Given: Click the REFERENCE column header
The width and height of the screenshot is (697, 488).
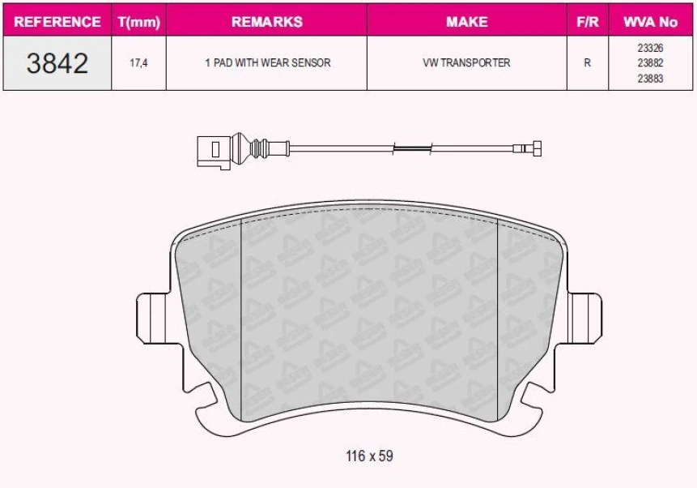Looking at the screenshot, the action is [57, 21].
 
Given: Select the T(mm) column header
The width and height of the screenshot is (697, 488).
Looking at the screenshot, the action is [139, 22].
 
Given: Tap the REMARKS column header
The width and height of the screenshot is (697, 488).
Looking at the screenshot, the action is [266, 21].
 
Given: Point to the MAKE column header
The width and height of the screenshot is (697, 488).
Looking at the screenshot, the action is [467, 21].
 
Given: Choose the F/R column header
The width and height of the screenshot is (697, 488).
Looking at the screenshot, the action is [588, 21].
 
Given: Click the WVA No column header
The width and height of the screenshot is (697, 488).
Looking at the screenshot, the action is [650, 21].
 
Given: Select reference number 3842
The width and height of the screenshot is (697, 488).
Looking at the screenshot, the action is [57, 62].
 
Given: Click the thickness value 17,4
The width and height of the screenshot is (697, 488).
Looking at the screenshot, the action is [138, 62].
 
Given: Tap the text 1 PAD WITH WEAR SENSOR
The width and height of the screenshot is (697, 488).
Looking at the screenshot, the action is [268, 62].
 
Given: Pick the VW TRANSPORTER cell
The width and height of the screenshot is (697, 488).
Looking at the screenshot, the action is [467, 62].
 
